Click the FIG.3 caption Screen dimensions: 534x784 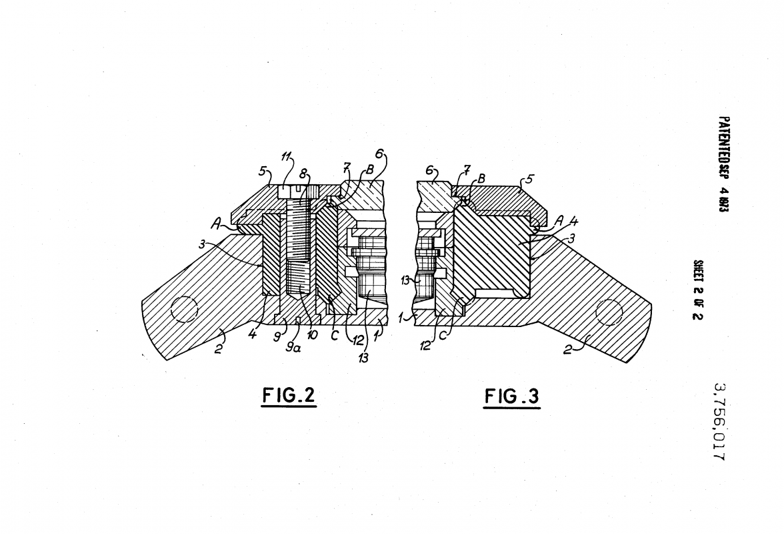pos(511,396)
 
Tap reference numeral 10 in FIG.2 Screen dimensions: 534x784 pos(312,334)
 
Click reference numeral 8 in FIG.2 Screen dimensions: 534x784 pos(304,172)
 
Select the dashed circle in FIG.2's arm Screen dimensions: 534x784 pos(185,310)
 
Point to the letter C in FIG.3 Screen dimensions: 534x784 pos(443,336)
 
